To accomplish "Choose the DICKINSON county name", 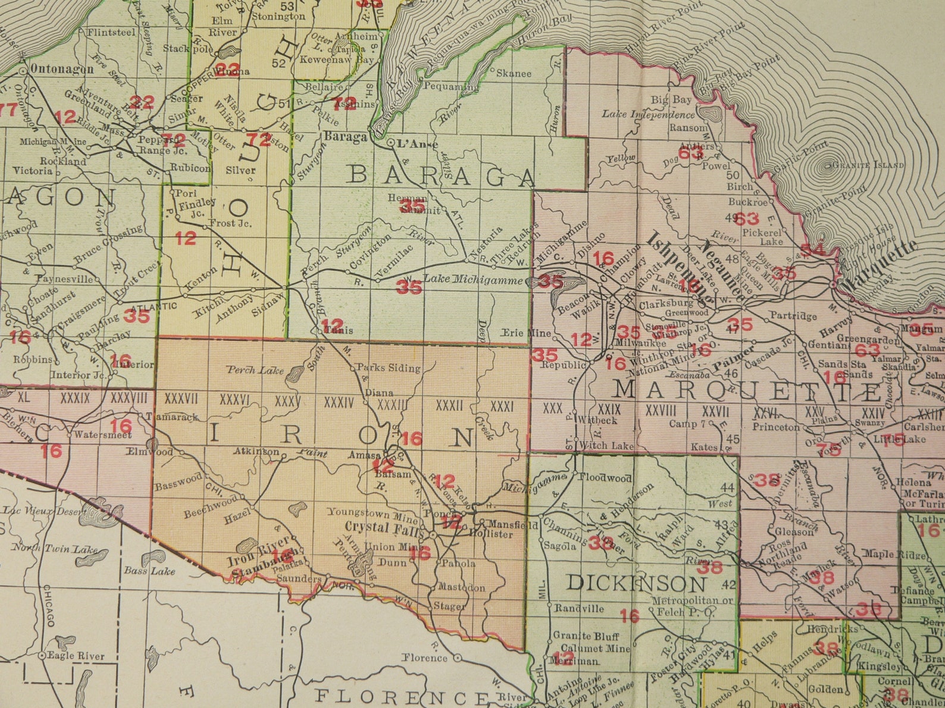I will (636, 583).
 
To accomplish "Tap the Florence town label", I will (424, 657).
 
